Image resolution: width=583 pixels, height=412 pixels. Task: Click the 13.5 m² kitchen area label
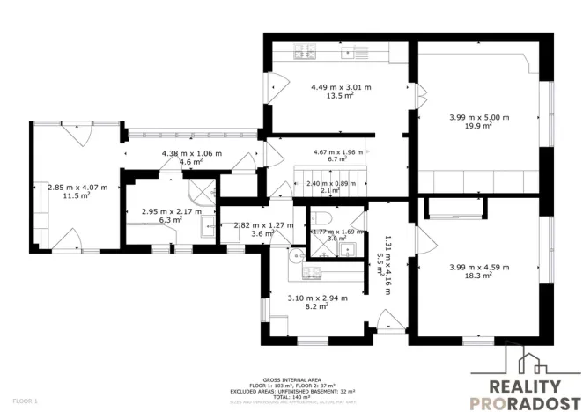[341, 97]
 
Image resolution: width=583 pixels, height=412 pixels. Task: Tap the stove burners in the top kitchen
[306, 52]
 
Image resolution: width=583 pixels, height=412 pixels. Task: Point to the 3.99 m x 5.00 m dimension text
[479, 117]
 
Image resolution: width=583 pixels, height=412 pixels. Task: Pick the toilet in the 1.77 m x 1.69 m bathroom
[324, 218]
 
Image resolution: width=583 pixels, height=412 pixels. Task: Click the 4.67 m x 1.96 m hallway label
[338, 151]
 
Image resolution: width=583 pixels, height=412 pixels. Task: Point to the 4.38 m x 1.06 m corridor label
[191, 153]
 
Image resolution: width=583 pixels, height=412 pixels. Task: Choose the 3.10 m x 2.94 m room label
[317, 298]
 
